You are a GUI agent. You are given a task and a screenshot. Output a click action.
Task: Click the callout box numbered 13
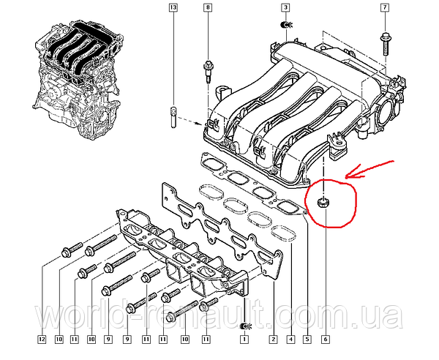click(173, 7)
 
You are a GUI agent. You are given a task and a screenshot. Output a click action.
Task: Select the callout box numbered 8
click(208, 7)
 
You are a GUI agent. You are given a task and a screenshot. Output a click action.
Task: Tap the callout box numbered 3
click(285, 7)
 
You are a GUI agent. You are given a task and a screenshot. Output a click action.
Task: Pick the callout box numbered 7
click(384, 7)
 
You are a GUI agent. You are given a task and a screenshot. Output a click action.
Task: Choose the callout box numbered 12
click(42, 340)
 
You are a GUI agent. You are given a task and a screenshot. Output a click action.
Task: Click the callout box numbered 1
click(244, 340)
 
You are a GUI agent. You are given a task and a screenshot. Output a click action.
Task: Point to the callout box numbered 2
click(273, 340)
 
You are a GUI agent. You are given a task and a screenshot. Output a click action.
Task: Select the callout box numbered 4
click(291, 340)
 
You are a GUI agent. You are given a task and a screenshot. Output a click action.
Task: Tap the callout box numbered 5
click(307, 340)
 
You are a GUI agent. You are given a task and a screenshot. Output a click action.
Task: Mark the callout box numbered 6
click(326, 340)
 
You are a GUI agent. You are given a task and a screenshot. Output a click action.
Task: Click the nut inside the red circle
click(323, 202)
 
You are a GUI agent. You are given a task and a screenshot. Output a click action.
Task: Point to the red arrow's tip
click(346, 176)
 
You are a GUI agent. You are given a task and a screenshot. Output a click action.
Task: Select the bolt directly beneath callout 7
click(385, 44)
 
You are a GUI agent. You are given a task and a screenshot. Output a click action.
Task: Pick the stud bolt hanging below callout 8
click(208, 71)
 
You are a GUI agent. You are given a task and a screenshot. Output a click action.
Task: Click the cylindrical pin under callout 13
click(173, 117)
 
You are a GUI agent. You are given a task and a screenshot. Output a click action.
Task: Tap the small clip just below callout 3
click(286, 25)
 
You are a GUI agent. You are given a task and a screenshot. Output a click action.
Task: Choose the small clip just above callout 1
click(245, 326)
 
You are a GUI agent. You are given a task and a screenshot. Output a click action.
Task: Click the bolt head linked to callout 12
click(66, 252)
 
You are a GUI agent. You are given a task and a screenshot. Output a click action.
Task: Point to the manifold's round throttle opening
click(386, 113)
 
